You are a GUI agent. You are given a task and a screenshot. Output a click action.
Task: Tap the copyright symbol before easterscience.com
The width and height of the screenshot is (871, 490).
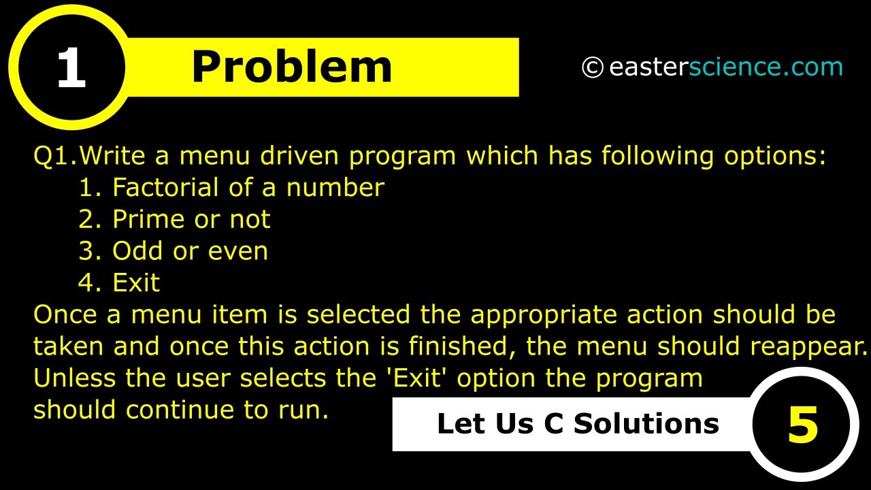coord(592,67)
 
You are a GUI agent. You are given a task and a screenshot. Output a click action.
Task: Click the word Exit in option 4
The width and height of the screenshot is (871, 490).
coord(136,282)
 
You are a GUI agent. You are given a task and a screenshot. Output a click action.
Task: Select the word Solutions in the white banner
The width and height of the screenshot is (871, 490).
coord(646,424)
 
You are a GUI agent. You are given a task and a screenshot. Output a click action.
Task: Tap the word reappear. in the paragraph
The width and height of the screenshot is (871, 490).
coord(808,347)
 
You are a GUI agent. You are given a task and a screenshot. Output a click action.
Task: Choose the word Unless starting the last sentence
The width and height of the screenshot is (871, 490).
coord(75,378)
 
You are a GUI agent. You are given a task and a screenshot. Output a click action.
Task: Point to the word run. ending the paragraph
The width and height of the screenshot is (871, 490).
coord(303,410)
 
